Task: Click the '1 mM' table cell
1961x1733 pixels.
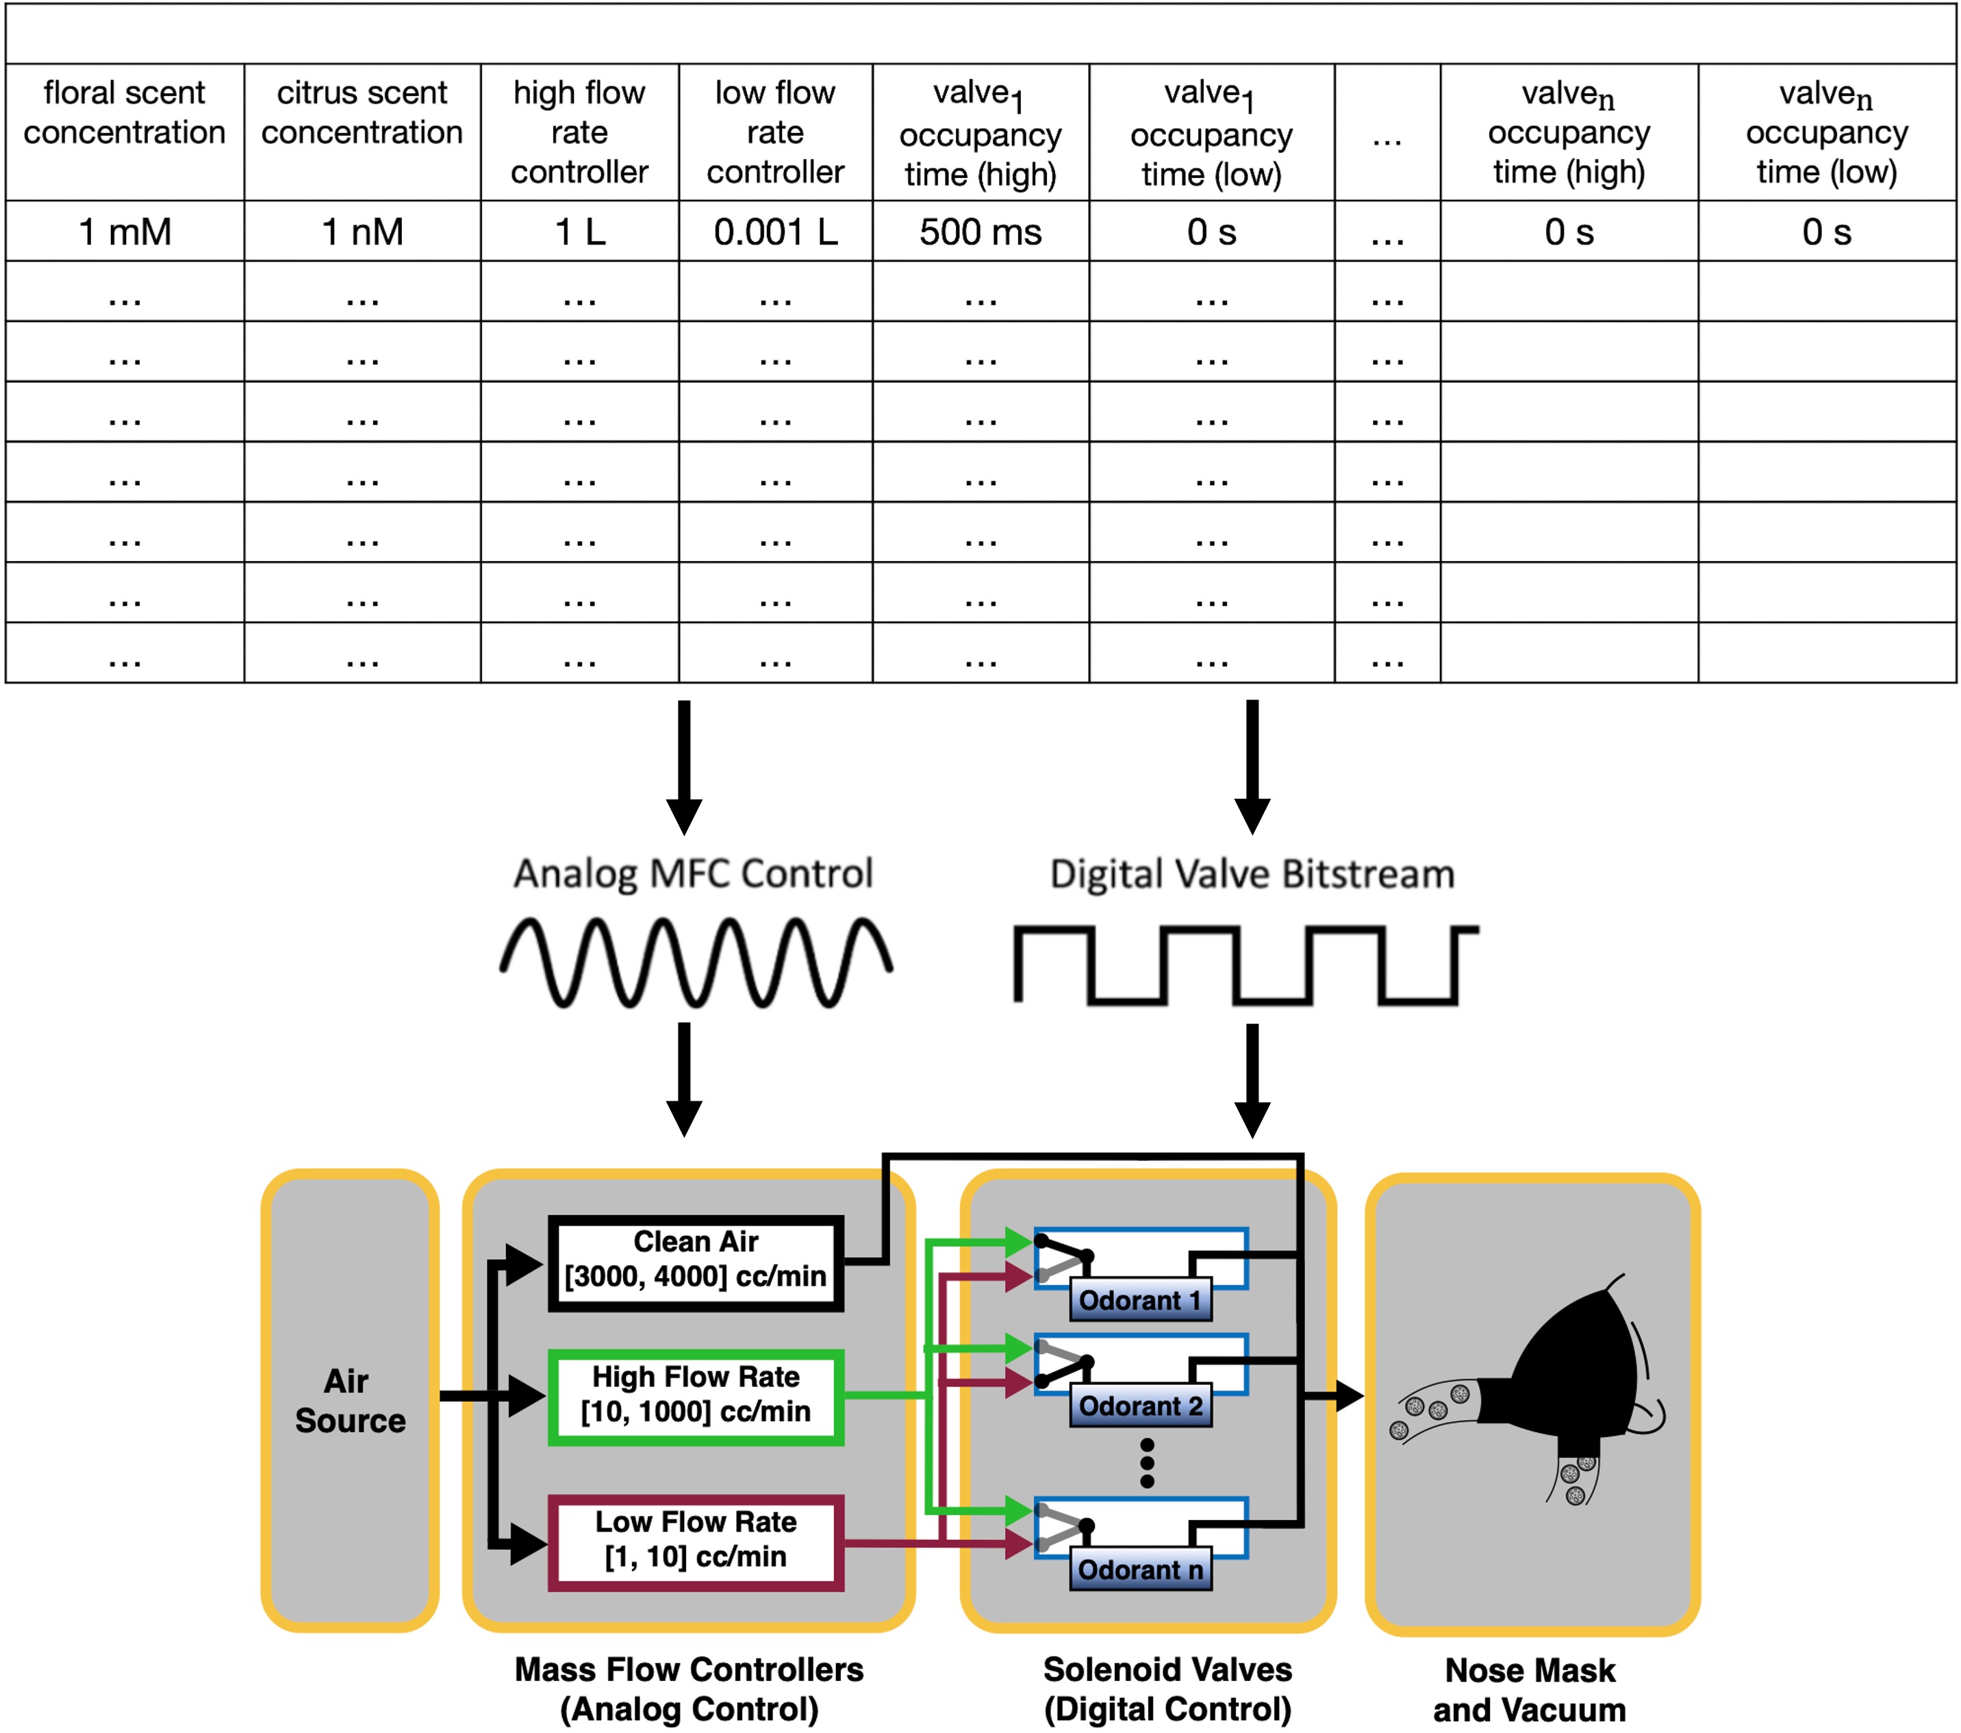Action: (x=125, y=232)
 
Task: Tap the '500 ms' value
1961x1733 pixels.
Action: (x=980, y=232)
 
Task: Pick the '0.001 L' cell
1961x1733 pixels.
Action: (x=775, y=232)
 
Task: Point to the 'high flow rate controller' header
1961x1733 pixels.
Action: (x=579, y=132)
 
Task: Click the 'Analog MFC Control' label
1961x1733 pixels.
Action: (x=693, y=873)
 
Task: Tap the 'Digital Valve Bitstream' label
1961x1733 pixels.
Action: (x=1252, y=874)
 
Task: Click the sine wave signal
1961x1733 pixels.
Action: (x=696, y=962)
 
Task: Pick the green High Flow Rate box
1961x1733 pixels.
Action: (x=696, y=1396)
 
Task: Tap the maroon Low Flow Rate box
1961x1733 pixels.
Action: (x=696, y=1542)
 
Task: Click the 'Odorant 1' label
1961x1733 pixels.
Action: (x=1140, y=1300)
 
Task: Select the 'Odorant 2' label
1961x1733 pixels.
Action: (x=1140, y=1406)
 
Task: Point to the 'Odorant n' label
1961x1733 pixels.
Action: (x=1140, y=1570)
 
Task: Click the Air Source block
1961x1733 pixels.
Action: (x=350, y=1400)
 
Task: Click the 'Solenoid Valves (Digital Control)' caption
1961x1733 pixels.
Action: (x=1167, y=1689)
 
